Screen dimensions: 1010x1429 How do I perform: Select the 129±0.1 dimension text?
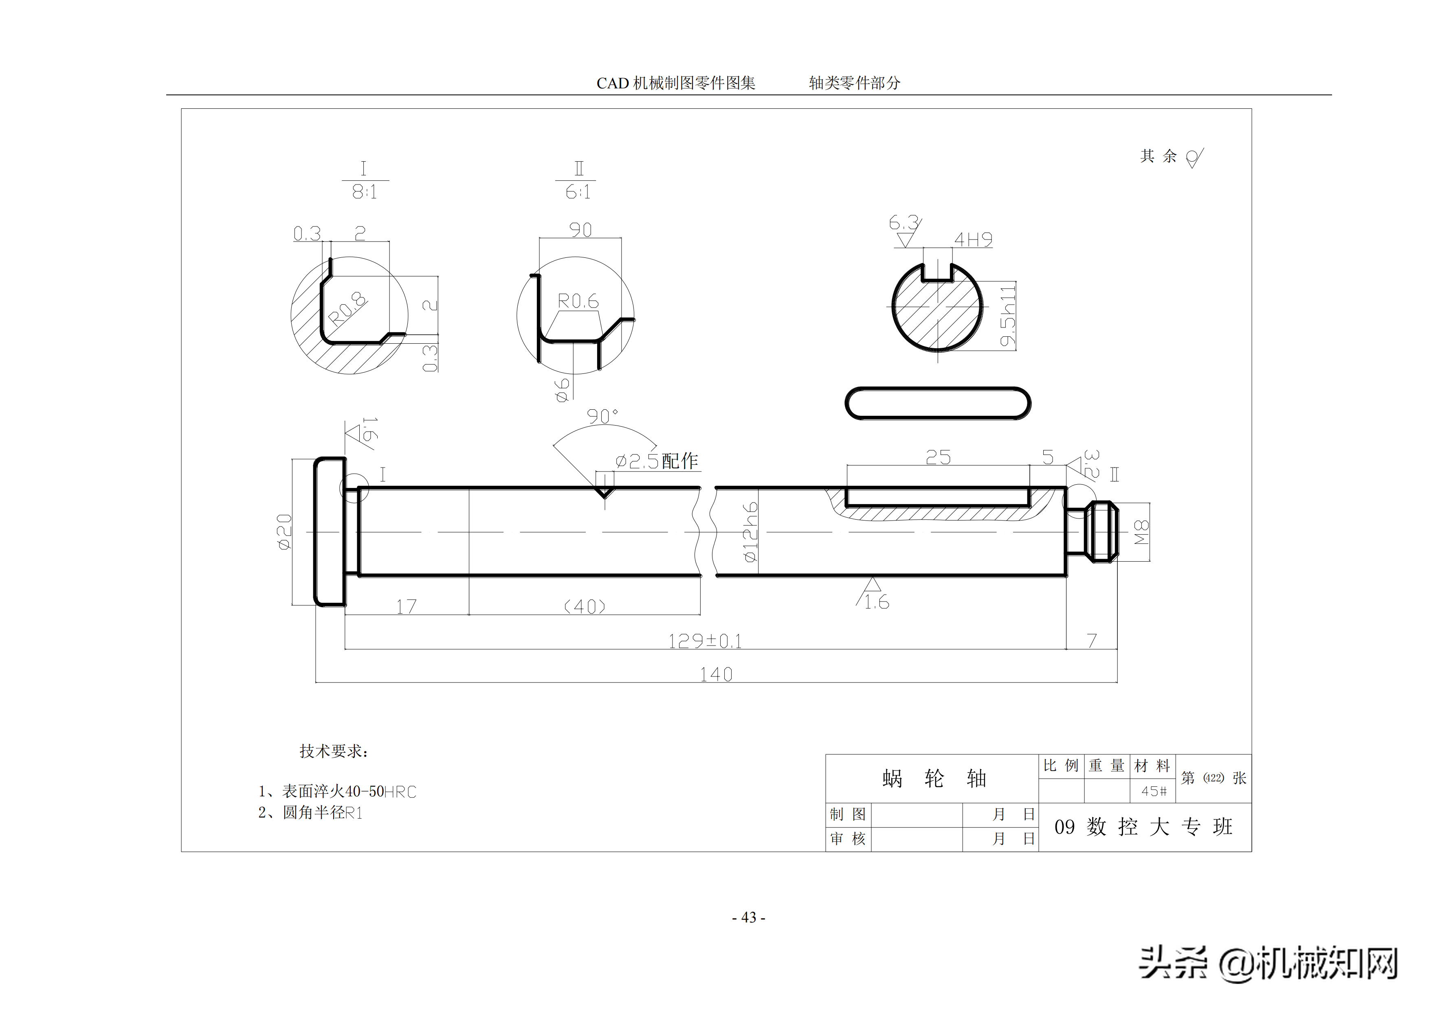[705, 641]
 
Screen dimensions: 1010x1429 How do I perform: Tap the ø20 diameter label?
[284, 531]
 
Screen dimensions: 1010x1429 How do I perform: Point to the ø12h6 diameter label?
[751, 532]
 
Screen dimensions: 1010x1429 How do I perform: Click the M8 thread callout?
[1141, 532]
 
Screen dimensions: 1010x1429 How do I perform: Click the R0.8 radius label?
[347, 309]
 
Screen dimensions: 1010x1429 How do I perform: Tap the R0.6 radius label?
[578, 301]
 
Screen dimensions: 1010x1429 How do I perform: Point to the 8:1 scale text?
[365, 192]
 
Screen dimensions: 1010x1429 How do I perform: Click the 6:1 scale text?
[578, 192]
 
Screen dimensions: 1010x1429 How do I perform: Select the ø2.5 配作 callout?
[657, 461]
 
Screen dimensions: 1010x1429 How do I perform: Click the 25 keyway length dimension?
[938, 457]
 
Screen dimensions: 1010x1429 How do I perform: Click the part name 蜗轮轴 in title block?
[934, 779]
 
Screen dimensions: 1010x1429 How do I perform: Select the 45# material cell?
[1153, 791]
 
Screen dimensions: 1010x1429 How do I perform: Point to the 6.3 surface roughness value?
[903, 222]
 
